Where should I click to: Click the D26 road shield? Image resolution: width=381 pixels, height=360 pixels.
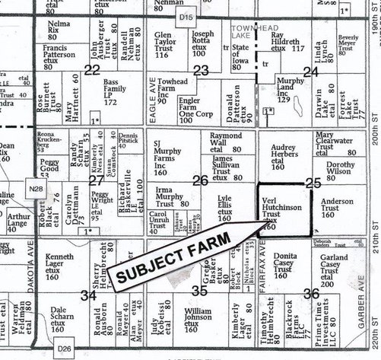click(x=63, y=348)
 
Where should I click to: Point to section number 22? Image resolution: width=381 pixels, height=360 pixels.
click(x=93, y=70)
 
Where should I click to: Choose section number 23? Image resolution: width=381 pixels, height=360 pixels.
click(x=201, y=71)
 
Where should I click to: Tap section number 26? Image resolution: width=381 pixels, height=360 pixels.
click(x=200, y=180)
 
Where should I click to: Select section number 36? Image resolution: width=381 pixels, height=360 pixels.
click(x=310, y=293)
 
